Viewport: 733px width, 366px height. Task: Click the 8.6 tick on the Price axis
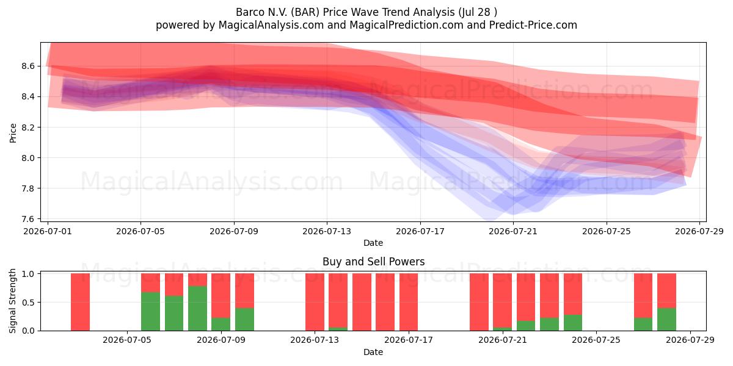(28, 66)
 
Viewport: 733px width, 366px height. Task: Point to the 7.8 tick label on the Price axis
(28, 188)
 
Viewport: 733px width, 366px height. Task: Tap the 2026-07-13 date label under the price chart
(327, 231)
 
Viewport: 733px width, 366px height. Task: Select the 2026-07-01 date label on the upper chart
(48, 231)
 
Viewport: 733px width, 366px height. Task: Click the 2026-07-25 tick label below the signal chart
(596, 340)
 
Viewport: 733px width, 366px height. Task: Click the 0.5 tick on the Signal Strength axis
(29, 303)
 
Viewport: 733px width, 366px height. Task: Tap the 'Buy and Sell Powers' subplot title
(373, 262)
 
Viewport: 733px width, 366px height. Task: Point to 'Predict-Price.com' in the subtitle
(533, 25)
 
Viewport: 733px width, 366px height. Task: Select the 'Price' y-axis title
(13, 134)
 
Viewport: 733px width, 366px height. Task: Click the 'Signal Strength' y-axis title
(12, 301)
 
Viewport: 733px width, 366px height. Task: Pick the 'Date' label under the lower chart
(373, 352)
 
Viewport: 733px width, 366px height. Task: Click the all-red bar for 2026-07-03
(80, 302)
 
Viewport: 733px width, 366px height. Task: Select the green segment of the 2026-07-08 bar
(198, 308)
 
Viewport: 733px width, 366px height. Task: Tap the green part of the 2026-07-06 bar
(150, 312)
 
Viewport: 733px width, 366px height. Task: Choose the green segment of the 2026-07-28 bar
(666, 319)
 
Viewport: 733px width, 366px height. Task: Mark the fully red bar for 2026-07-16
(385, 302)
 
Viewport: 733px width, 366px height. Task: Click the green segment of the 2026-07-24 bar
(573, 323)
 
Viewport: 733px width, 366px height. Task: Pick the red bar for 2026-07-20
(479, 302)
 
